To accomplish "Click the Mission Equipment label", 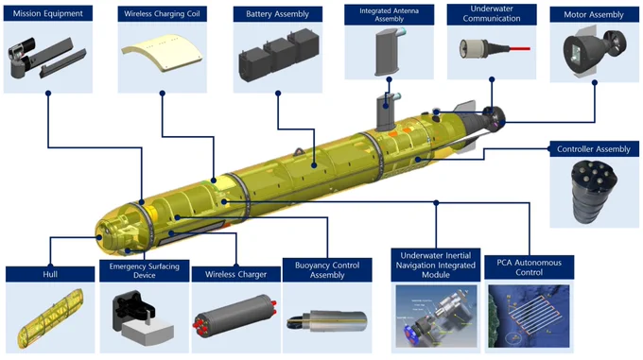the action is click(48, 13).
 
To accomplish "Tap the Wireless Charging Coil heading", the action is click(162, 14).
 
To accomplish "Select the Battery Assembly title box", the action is click(278, 14).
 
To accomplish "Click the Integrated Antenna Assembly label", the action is click(390, 15).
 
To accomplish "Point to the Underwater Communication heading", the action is click(492, 14).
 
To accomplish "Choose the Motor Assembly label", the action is click(594, 15).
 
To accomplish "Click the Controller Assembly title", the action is click(594, 149).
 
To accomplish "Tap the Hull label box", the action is click(50, 274).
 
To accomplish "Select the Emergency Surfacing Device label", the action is click(145, 271).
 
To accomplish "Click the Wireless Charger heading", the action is click(236, 274).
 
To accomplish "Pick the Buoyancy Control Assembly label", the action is click(327, 270).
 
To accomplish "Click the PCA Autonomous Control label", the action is click(529, 267).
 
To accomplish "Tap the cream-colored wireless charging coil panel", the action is click(162, 53).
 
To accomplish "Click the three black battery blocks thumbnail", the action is click(279, 55).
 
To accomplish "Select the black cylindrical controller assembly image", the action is click(594, 192).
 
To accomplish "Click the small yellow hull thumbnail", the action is click(50, 317).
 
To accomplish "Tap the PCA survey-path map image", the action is click(529, 317).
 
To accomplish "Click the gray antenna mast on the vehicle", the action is click(387, 111).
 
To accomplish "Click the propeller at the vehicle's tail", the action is click(495, 119).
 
